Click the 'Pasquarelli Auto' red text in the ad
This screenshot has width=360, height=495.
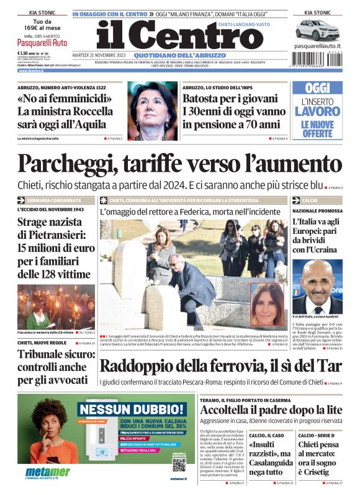(x=43, y=44)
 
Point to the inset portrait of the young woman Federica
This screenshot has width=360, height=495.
(x=268, y=304)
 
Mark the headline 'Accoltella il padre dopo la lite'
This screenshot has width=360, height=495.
(x=271, y=409)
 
